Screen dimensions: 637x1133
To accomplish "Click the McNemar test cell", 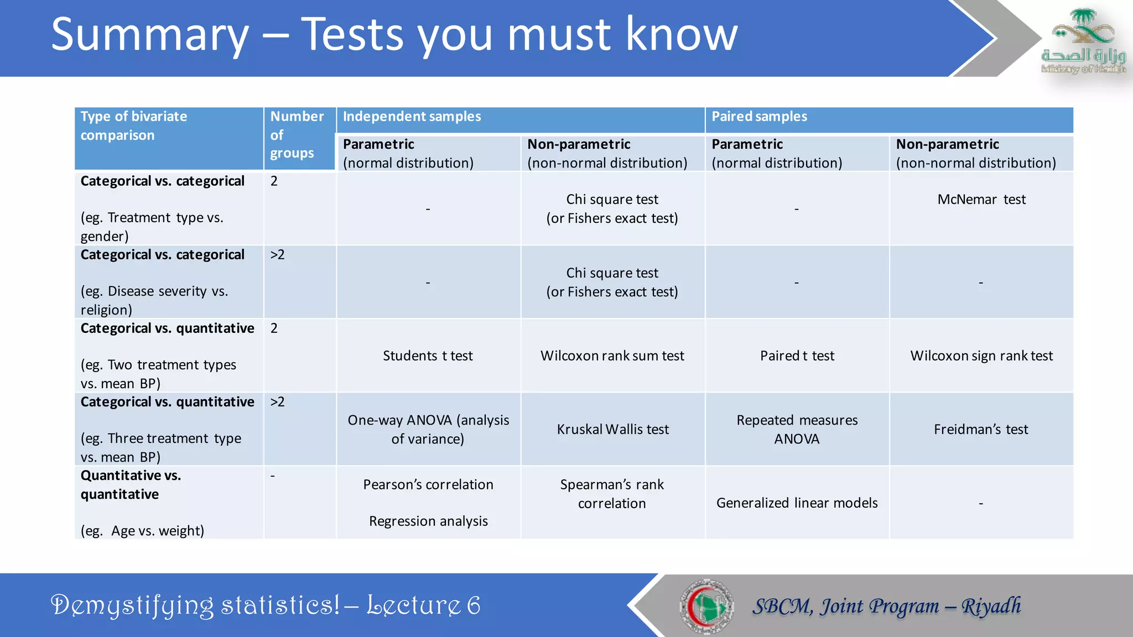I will pos(981,200).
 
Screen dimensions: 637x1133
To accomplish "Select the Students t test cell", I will pos(428,356).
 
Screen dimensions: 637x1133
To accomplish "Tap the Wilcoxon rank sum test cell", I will pos(612,356).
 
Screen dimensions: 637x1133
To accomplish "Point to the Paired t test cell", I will pos(797,356).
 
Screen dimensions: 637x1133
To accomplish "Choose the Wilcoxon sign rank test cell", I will pos(981,356).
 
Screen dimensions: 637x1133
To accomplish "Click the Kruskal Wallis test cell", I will pos(612,429).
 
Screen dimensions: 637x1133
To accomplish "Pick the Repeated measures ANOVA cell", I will pos(797,429).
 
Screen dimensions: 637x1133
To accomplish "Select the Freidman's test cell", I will pos(981,429).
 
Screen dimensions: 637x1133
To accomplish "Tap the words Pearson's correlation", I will pos(428,484).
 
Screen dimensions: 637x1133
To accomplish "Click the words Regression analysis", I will pos(428,521).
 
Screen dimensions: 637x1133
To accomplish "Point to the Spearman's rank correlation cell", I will pos(612,494).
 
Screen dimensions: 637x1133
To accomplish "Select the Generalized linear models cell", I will pos(797,503).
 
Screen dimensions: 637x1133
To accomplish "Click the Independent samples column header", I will pos(412,117).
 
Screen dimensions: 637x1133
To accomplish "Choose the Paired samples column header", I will pos(759,117).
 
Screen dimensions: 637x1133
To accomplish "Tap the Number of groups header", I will pos(297,135).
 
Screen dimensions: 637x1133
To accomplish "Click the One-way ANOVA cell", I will pos(428,429).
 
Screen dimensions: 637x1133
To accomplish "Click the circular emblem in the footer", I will pos(706,606).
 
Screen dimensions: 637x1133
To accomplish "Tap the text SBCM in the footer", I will pos(781,607).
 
